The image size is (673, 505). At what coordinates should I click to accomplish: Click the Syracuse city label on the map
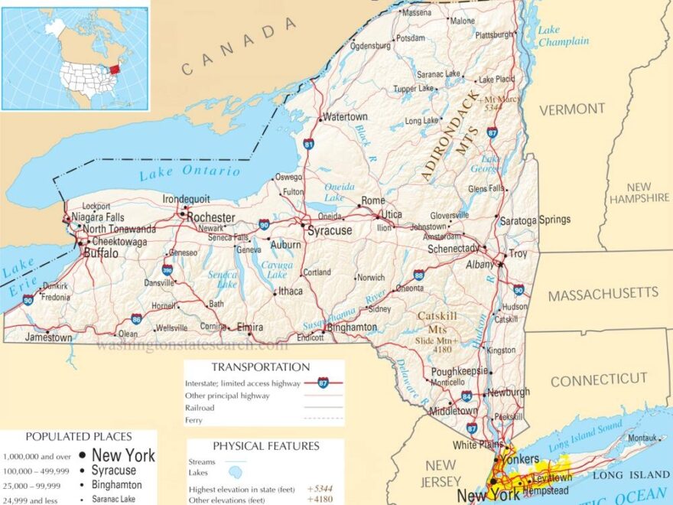click(x=330, y=230)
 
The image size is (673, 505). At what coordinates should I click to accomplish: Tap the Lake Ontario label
click(x=189, y=173)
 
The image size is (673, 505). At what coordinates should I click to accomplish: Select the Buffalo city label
click(x=101, y=252)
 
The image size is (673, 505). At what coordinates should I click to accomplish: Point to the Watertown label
click(x=345, y=117)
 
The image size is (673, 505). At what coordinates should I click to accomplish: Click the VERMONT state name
click(x=572, y=109)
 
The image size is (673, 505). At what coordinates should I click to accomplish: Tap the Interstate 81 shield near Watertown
click(x=308, y=143)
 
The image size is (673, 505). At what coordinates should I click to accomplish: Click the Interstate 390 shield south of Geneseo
click(x=167, y=269)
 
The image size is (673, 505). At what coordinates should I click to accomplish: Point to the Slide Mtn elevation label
click(x=437, y=344)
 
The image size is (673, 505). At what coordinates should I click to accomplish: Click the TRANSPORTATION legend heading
click(x=261, y=367)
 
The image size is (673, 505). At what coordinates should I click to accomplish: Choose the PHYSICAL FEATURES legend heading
click(x=265, y=446)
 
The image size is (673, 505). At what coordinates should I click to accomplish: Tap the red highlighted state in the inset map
click(x=115, y=70)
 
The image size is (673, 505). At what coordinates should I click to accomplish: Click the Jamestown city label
click(x=48, y=337)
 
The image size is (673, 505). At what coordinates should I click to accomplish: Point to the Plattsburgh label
click(x=494, y=35)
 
